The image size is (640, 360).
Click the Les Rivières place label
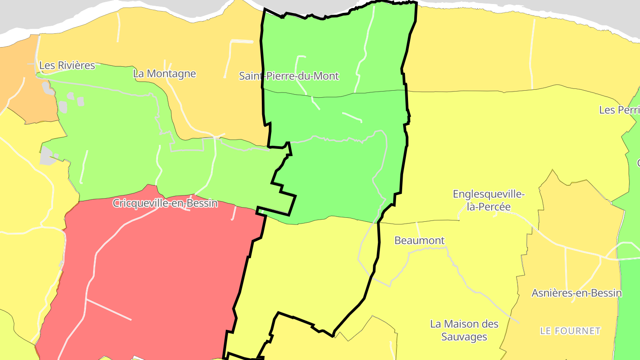coord(67,65)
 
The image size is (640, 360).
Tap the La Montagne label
coord(164,73)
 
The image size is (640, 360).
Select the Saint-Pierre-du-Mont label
coord(289,76)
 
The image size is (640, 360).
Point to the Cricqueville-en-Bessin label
coord(165,203)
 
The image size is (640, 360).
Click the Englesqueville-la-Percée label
coord(489,200)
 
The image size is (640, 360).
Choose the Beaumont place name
coord(420,240)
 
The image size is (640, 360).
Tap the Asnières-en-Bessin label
coord(576,293)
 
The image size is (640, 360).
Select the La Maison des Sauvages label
coord(464,330)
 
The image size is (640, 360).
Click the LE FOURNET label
coord(570,331)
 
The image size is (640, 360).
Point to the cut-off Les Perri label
coord(619,110)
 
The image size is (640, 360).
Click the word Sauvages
coord(464,337)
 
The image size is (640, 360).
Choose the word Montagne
coord(171,73)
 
